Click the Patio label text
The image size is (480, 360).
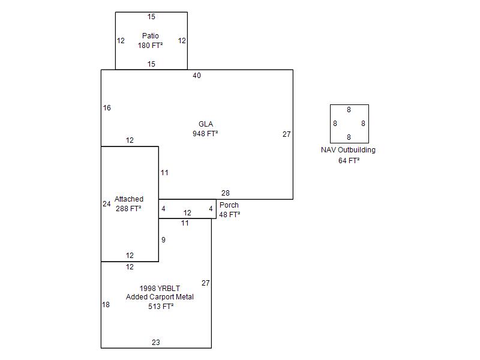coord(151,36)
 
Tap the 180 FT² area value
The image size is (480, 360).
coord(150,46)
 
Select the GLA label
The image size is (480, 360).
coord(206,124)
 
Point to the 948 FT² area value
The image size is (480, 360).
coord(205,133)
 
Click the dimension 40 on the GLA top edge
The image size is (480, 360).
coord(197,76)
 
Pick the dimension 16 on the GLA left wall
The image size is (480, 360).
coord(107,108)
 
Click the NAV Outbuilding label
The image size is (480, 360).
coord(348,150)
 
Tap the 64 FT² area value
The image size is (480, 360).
coord(349,160)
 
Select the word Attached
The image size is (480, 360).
coord(129,199)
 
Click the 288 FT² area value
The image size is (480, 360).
coord(128,209)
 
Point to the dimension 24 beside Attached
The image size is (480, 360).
coord(106,204)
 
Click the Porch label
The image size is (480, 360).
coord(229,205)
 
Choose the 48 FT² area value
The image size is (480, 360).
coord(229,214)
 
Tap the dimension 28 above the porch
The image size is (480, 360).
coord(225,193)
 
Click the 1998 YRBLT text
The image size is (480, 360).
coord(160,288)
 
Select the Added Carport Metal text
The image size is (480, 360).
coord(160,297)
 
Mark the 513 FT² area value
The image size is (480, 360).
coord(161,307)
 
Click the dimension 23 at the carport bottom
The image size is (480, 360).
coord(155,343)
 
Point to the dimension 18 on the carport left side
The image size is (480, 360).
coord(106,305)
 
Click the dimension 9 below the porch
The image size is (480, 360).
coord(163,240)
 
